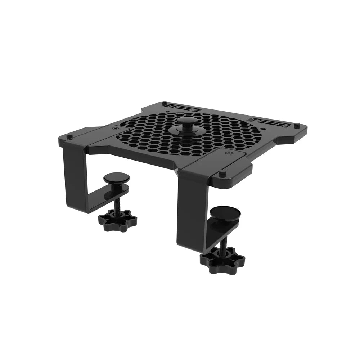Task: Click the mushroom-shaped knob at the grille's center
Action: tap(187, 120)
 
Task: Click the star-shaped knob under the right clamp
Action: tap(222, 258)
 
